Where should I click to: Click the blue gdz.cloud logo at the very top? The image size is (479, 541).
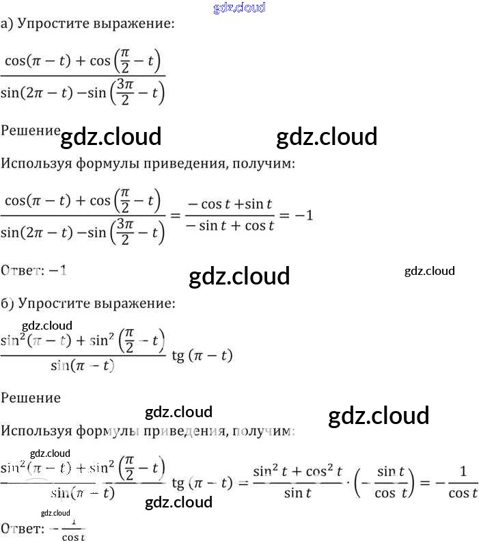point(239,8)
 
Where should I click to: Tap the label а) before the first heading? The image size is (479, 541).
point(7,25)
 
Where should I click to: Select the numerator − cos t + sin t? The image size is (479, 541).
point(230,203)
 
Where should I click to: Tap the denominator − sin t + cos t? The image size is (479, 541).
point(230,226)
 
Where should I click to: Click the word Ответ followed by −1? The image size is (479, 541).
point(20,271)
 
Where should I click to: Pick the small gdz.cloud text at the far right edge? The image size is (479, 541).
point(429,271)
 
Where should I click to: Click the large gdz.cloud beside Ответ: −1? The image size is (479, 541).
point(239,276)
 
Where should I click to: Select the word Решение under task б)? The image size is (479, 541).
point(31,397)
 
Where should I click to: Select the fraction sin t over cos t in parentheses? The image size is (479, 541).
point(386,483)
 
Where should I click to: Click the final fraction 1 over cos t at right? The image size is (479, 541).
point(463,483)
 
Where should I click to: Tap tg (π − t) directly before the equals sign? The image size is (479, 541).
point(202,484)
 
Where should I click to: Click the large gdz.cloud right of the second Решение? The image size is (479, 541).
point(379,416)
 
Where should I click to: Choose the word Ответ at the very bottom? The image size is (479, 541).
point(20,529)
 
